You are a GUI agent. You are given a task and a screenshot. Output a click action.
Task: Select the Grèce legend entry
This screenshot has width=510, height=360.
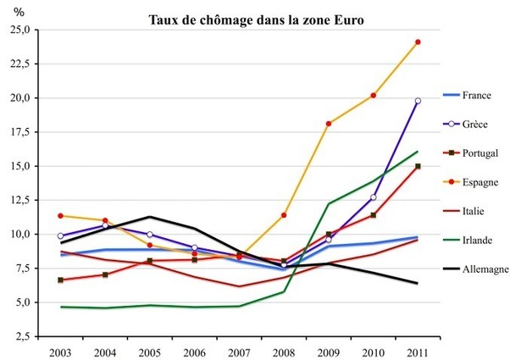pos(477,125)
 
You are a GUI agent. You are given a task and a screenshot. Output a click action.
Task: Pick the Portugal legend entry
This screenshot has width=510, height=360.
pos(480,153)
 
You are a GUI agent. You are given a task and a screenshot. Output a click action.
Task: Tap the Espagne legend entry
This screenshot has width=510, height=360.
pos(480,182)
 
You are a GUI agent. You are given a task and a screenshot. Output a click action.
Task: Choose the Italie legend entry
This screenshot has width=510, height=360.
pos(475,211)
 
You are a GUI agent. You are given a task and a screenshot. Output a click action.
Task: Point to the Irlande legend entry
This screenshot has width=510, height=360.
pos(479,240)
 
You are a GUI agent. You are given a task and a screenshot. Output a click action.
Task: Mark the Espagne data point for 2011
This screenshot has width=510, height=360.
pos(418,42)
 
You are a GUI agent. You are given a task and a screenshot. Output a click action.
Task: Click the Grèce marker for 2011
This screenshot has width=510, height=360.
pos(418,101)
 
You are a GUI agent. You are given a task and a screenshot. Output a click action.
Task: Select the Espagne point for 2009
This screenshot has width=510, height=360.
pos(328,124)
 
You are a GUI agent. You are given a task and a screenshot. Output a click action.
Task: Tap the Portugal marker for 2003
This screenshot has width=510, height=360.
pos(59,280)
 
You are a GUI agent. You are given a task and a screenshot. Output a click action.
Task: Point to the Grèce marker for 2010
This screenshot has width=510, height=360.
pos(373,197)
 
